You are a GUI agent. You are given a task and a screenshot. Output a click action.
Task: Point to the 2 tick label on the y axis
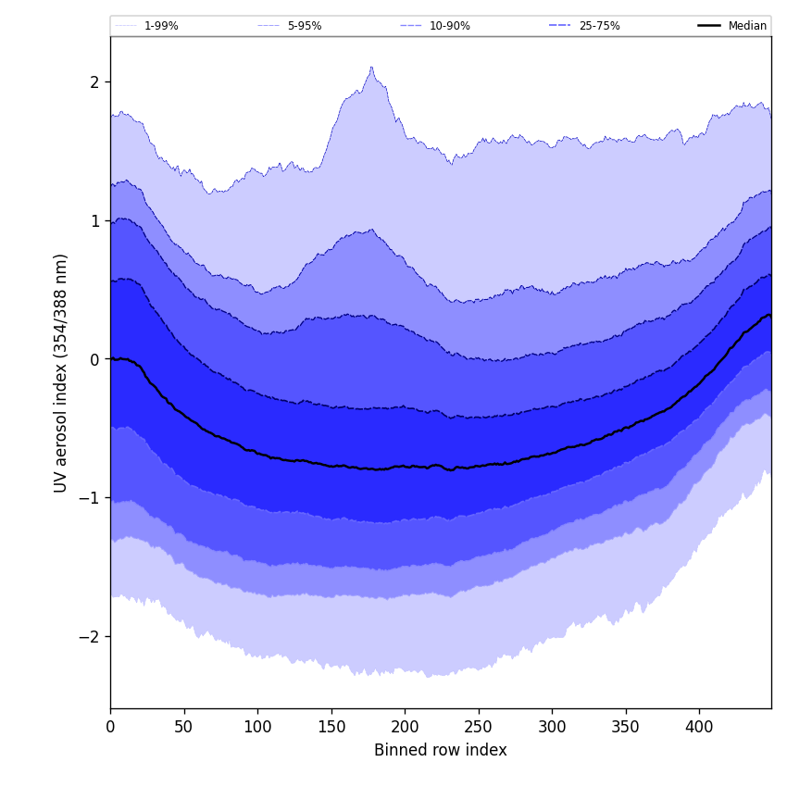[x=94, y=82]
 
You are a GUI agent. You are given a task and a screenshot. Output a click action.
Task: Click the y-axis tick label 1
[x=94, y=220]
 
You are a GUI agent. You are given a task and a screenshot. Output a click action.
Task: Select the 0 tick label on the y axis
[x=94, y=359]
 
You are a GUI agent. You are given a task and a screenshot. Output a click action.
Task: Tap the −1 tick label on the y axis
[x=89, y=498]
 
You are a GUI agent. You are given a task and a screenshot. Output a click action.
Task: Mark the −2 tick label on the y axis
[x=89, y=637]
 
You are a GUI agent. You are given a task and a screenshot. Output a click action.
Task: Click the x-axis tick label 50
[x=184, y=727]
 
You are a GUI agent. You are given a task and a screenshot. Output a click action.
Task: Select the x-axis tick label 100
[x=257, y=727]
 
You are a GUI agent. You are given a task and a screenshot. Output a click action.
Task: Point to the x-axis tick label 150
[x=331, y=727]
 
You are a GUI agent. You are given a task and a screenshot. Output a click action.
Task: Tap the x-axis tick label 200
[x=405, y=727]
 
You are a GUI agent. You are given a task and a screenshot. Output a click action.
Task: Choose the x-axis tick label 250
[x=479, y=727]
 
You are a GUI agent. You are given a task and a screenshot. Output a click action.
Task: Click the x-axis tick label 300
[x=552, y=727]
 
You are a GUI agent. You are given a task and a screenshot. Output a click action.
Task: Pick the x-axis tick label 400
[x=699, y=727]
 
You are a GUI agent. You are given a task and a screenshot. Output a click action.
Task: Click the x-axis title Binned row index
[x=441, y=750]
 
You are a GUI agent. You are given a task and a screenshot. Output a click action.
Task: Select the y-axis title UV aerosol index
[x=61, y=372]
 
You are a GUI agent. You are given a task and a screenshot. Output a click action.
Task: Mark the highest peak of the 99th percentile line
[x=371, y=67]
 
